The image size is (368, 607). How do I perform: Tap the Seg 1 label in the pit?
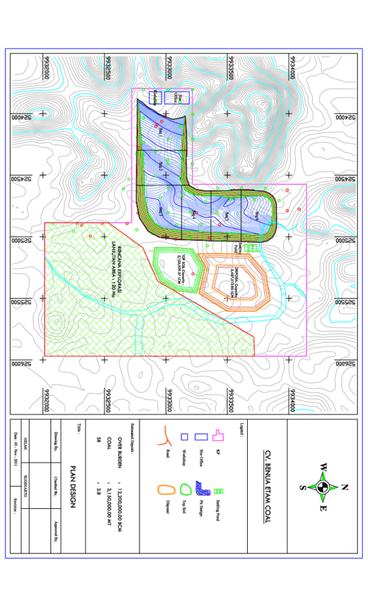(161, 131)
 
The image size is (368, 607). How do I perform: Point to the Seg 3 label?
(161, 211)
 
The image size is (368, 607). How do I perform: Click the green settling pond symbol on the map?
(250, 248)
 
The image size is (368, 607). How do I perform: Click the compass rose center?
(323, 487)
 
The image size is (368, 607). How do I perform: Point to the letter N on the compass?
(343, 487)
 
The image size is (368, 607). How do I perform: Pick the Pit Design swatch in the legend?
(202, 489)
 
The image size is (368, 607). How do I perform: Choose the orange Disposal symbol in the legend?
(164, 490)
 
